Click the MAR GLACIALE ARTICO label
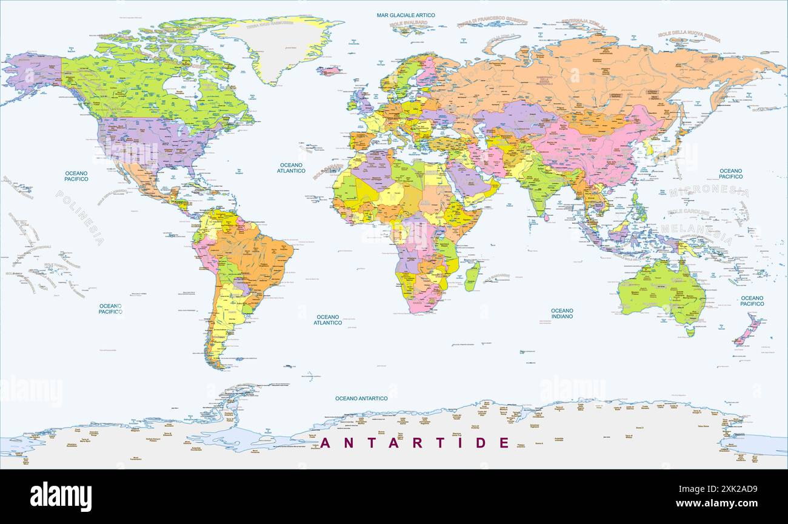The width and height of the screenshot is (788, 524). pos(406,15)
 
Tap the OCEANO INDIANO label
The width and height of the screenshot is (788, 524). pos(562,313)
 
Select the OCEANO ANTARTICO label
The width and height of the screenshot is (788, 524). pos(361,398)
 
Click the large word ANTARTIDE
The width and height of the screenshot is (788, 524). pos(415,443)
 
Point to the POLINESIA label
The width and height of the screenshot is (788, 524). pos(79,217)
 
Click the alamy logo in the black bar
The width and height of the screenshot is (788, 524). pos(61,496)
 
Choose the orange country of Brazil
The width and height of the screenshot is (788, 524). pos(258,255)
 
